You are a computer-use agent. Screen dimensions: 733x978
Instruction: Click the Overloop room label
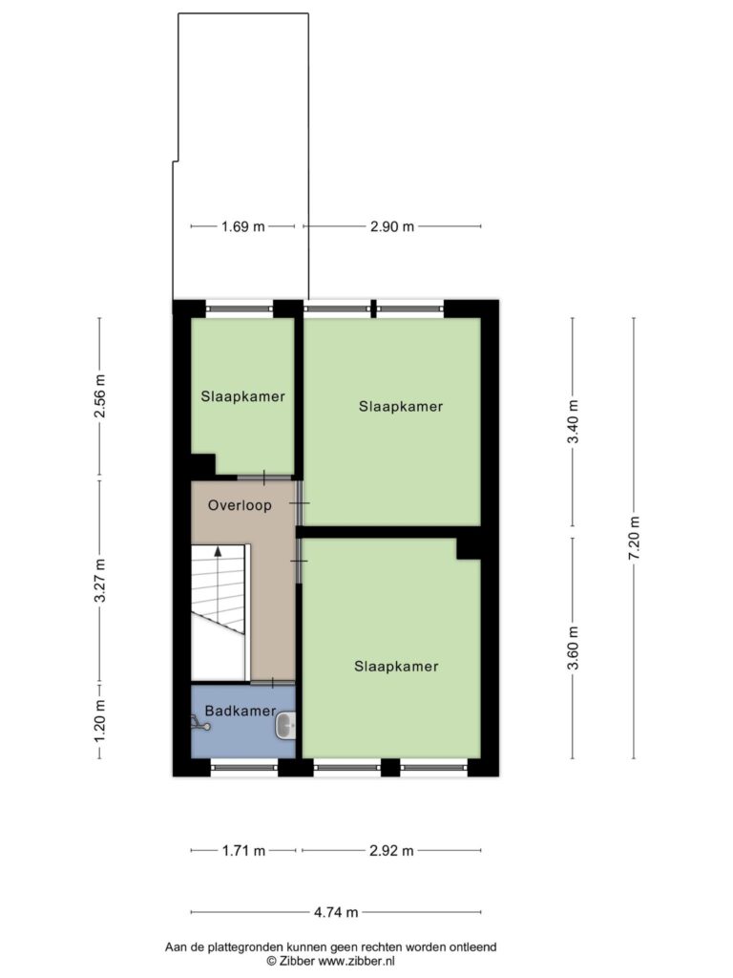240,505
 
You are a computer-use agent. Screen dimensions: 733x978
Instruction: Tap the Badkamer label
240,711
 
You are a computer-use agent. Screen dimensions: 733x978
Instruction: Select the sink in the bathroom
286,726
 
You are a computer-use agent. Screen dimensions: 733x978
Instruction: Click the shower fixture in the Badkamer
199,723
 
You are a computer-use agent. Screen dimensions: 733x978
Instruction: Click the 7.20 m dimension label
634,539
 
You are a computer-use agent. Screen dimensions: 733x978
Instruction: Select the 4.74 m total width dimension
336,912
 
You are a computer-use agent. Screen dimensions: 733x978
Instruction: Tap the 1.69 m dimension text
243,226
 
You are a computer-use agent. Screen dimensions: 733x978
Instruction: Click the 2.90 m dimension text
392,226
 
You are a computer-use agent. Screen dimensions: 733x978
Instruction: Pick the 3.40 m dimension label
573,421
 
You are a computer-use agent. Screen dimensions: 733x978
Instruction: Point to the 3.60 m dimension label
573,648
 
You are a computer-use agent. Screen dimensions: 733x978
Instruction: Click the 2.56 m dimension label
99,396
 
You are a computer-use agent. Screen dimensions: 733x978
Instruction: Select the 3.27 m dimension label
99,580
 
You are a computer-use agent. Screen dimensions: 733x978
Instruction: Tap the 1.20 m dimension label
99,721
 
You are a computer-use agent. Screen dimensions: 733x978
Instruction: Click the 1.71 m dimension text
243,850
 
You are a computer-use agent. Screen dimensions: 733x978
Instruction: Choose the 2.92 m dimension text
391,850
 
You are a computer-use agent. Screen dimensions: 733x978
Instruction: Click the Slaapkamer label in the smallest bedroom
242,396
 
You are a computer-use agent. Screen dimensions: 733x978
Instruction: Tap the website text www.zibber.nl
357,961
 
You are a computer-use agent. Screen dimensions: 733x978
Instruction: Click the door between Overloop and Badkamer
273,682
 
